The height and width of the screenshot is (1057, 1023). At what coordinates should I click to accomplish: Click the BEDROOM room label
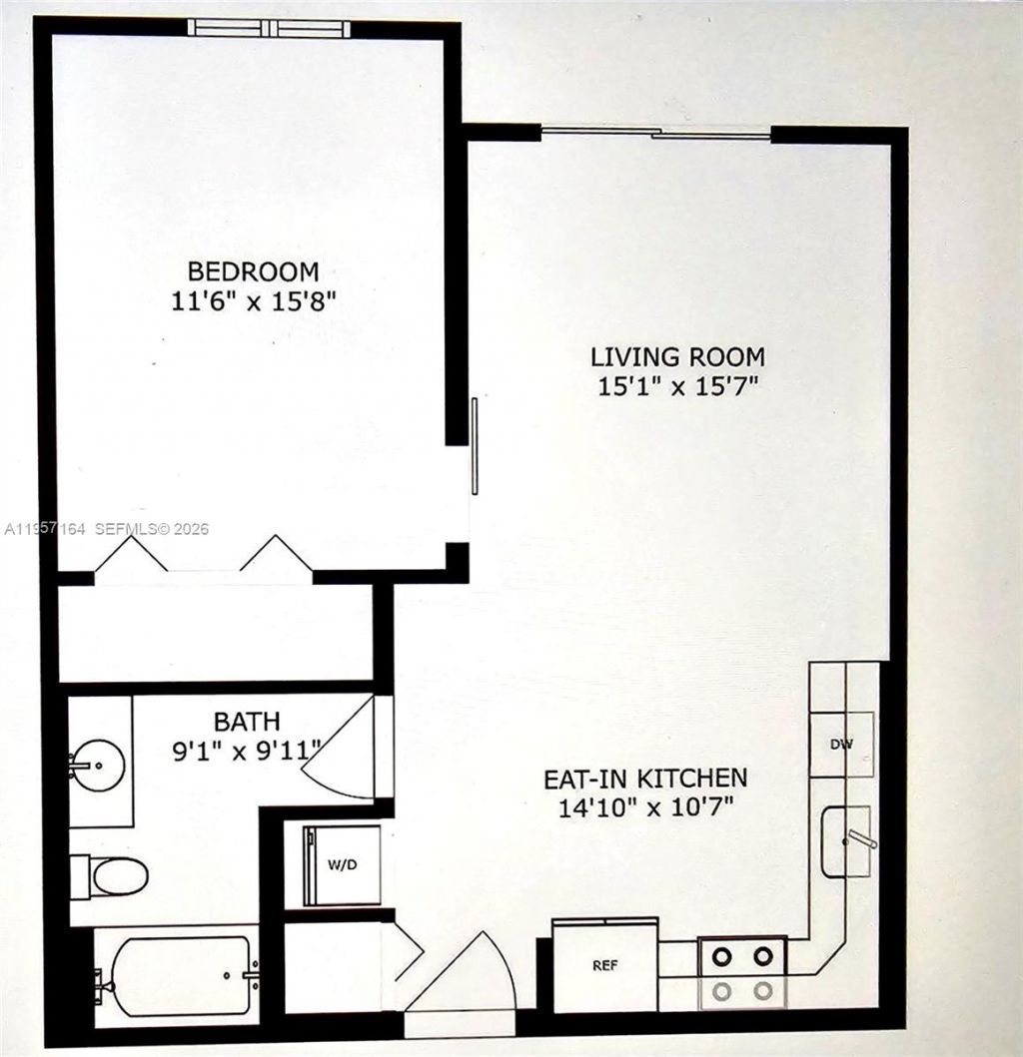(x=254, y=270)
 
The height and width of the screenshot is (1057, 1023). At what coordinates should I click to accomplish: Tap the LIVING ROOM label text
(x=676, y=356)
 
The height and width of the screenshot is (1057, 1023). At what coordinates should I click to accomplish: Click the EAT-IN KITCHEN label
(x=644, y=778)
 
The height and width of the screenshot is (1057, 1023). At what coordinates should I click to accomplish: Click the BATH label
(x=247, y=720)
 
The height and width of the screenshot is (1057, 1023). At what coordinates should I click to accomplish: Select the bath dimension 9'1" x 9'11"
(x=247, y=749)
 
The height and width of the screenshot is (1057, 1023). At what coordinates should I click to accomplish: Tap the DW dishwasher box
(x=841, y=743)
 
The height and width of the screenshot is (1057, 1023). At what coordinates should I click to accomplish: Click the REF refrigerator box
(x=603, y=965)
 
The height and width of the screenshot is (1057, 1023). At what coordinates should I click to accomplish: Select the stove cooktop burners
(x=742, y=972)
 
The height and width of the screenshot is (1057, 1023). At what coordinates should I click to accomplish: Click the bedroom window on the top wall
(x=271, y=28)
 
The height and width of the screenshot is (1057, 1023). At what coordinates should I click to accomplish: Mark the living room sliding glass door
(x=656, y=132)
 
